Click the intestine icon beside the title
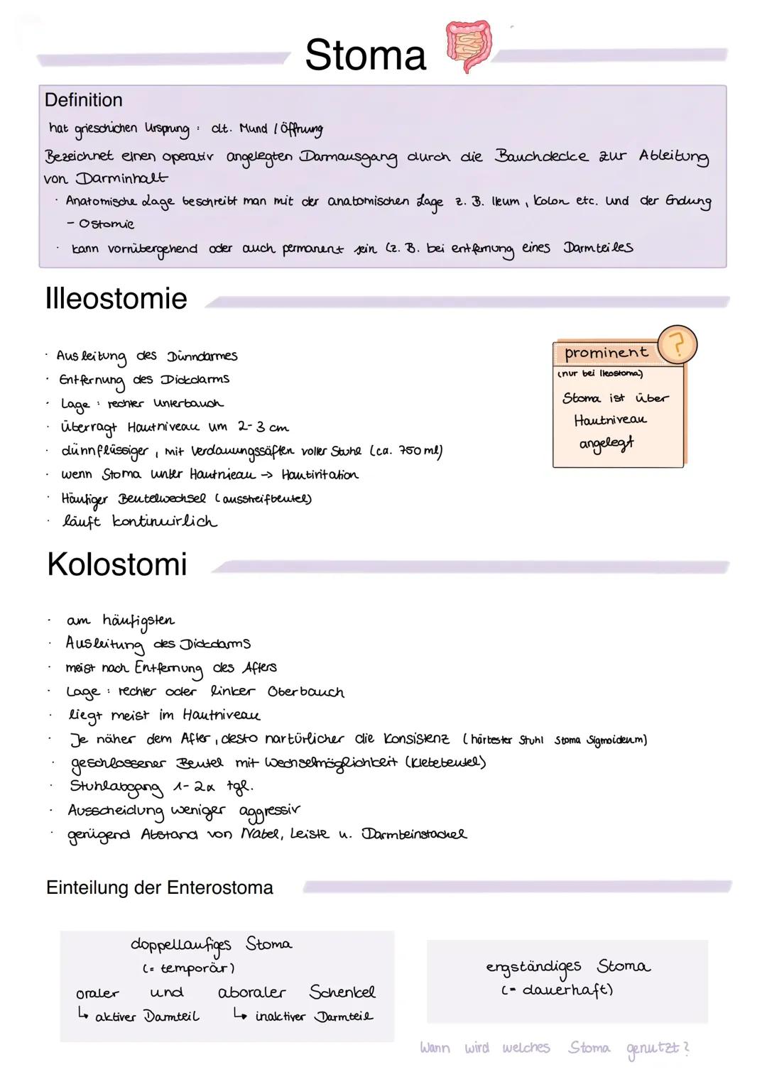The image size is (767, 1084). click(x=467, y=47)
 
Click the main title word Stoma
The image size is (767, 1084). click(x=365, y=55)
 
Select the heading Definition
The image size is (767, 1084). click(x=83, y=100)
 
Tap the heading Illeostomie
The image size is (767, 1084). click(x=116, y=298)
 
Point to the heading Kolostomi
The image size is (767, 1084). click(x=116, y=564)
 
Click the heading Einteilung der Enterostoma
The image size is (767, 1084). click(x=159, y=887)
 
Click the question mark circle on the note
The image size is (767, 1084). click(x=677, y=345)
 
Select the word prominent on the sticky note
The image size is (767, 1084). click(x=606, y=353)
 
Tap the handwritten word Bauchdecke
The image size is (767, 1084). click(x=542, y=156)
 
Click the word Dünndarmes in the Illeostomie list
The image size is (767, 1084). click(x=202, y=356)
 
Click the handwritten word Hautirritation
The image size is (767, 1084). click(x=320, y=475)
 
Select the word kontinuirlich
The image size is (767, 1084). click(x=165, y=522)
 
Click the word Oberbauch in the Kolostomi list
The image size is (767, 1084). click(x=305, y=691)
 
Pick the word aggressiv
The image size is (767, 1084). click(x=269, y=810)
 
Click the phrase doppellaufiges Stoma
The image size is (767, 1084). click(x=211, y=944)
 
